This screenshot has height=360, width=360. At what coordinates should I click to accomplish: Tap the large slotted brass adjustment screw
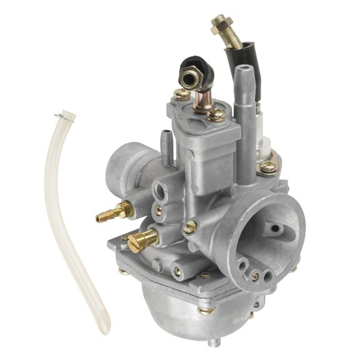coord(145,237)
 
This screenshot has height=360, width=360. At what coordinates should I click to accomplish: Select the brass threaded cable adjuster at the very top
coord(226,30)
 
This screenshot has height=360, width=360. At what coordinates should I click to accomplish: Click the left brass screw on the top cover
coord(181,95)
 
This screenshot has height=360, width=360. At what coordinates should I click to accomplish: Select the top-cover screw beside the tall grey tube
coord(216,114)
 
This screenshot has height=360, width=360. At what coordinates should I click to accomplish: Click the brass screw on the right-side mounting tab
coord(267,166)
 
